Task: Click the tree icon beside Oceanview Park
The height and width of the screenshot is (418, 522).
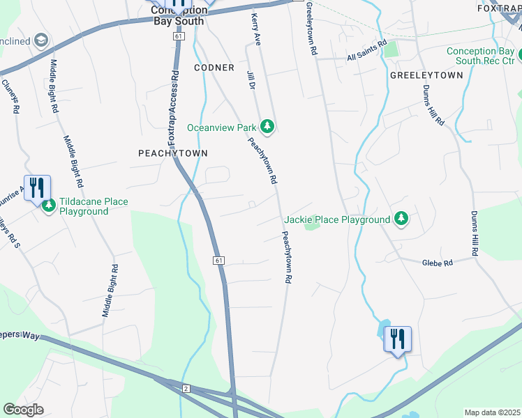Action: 266,127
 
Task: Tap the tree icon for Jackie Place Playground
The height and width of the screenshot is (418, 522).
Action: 401,219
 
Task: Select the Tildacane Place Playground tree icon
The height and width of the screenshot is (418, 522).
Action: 49,206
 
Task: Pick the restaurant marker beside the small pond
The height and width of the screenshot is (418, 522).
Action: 398,340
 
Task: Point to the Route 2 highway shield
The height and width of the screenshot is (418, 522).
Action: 186,387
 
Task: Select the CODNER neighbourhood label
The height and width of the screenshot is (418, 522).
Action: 214,68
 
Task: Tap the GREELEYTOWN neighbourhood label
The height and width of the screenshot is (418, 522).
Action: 426,75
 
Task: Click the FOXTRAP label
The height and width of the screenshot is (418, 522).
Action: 499,8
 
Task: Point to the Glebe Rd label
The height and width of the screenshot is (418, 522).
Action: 438,263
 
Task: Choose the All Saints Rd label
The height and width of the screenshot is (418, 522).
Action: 366,56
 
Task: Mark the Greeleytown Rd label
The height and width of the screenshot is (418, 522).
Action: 311,33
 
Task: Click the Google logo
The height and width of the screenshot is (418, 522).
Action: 24,410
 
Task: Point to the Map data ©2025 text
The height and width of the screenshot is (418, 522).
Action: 493,412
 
